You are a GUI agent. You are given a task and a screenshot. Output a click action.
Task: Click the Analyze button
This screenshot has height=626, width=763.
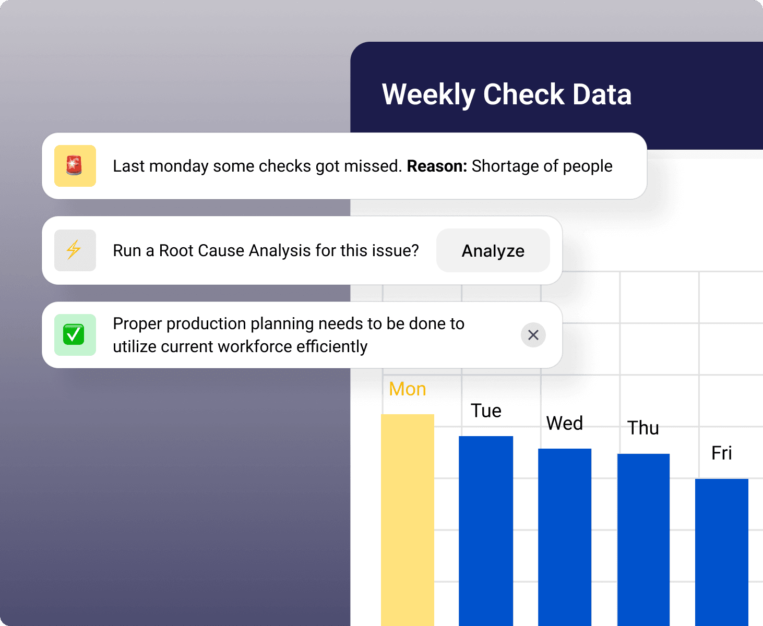[493, 251]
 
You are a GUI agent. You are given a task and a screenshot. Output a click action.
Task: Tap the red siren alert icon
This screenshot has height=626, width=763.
[75, 166]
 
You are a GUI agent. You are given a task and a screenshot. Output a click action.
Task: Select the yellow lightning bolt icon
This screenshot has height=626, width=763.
[75, 250]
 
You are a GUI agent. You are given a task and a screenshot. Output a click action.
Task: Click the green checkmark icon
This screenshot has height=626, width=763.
[75, 335]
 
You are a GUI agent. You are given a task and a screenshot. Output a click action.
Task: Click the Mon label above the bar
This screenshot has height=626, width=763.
[408, 389]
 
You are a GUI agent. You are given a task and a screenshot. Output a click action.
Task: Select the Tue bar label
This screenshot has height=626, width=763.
[486, 411]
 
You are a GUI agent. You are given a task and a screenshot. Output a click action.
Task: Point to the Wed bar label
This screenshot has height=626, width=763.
[565, 423]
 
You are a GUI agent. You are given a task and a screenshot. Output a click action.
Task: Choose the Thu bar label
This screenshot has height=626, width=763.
[643, 428]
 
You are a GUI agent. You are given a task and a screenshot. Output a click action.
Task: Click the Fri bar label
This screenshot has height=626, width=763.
[722, 453]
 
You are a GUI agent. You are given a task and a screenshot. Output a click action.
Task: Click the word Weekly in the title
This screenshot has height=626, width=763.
[428, 95]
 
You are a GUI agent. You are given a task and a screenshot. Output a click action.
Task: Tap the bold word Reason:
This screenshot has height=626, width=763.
[437, 166]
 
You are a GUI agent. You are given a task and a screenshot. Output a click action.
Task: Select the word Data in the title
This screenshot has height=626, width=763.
[602, 95]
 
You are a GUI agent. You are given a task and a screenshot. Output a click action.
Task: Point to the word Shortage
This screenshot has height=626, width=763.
[505, 166]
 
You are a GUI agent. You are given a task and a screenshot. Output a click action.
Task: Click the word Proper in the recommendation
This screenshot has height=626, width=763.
[137, 323]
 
